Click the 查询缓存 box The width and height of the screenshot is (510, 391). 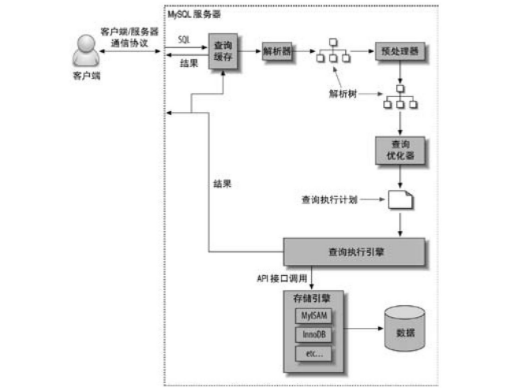(x=224, y=52)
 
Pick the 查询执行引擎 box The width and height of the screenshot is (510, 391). (x=354, y=251)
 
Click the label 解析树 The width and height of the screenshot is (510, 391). (x=344, y=93)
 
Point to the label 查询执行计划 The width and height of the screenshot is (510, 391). (x=330, y=199)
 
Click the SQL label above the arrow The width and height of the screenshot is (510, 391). (x=183, y=38)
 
